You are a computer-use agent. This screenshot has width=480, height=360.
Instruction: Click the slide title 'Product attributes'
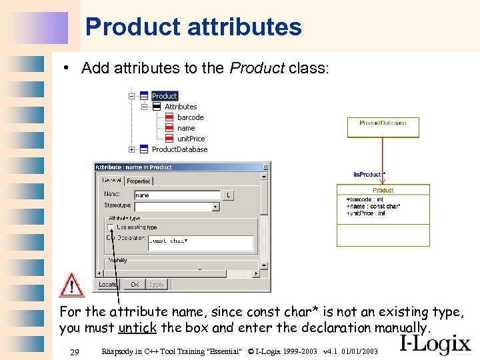pos(193,27)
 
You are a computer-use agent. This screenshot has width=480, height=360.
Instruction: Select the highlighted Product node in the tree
pos(164,96)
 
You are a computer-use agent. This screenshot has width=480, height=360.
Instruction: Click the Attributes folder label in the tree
pos(181,107)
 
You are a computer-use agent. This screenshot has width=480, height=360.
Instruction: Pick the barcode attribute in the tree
pos(190,117)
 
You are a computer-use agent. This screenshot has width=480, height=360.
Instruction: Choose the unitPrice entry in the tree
pos(191,139)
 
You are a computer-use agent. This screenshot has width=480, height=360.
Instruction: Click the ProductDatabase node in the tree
pos(179,149)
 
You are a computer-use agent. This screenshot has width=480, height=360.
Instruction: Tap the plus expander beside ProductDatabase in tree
pos(132,149)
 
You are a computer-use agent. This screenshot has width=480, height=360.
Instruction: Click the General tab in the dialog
pos(111,181)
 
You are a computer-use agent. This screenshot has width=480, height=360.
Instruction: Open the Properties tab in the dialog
pos(139,181)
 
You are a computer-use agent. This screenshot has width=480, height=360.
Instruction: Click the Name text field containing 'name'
pos(177,195)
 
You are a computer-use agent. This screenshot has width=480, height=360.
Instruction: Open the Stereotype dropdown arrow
pos(215,207)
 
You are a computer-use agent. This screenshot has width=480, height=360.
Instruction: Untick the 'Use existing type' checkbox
pos(111,227)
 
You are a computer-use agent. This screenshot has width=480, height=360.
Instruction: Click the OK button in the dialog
pos(135,285)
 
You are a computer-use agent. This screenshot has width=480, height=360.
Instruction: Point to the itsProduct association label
pos(367,175)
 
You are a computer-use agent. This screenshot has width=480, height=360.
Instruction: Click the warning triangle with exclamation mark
pos(71,285)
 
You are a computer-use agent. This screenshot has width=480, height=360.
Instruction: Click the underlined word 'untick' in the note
pos(138,328)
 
